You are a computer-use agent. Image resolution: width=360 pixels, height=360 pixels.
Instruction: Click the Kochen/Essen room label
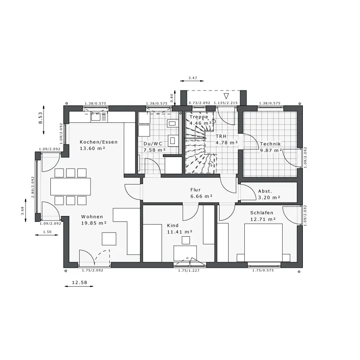[99, 142]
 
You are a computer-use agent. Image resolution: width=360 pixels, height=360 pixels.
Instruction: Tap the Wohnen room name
[92, 216]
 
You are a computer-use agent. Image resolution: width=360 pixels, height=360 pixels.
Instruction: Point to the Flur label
[195, 189]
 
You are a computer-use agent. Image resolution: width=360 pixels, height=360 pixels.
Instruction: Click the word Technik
[270, 144]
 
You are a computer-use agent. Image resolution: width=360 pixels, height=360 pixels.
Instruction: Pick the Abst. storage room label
[265, 191]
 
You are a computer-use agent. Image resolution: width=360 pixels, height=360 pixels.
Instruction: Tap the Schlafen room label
[262, 212]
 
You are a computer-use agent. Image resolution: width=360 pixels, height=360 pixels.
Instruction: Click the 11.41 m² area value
[180, 232]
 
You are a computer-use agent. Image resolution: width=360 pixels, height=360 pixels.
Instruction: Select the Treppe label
[199, 117]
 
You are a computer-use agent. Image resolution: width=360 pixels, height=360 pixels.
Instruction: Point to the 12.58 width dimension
[80, 283]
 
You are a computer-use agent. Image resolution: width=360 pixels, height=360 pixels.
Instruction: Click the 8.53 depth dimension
[40, 118]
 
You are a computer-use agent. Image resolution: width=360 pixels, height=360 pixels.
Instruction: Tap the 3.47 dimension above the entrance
[193, 78]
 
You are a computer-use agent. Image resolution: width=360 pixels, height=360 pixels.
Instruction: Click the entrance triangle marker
[226, 96]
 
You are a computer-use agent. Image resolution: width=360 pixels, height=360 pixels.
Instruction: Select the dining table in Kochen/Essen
[71, 186]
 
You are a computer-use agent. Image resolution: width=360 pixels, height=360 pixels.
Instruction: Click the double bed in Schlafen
[263, 243]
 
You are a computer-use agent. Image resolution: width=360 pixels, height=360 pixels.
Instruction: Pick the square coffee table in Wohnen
[109, 239]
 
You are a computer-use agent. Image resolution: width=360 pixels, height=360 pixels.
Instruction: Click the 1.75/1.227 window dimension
[189, 270]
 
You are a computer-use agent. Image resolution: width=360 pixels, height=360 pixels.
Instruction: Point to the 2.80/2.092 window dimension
[32, 187]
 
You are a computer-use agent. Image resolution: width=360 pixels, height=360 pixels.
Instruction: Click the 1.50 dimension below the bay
[47, 232]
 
